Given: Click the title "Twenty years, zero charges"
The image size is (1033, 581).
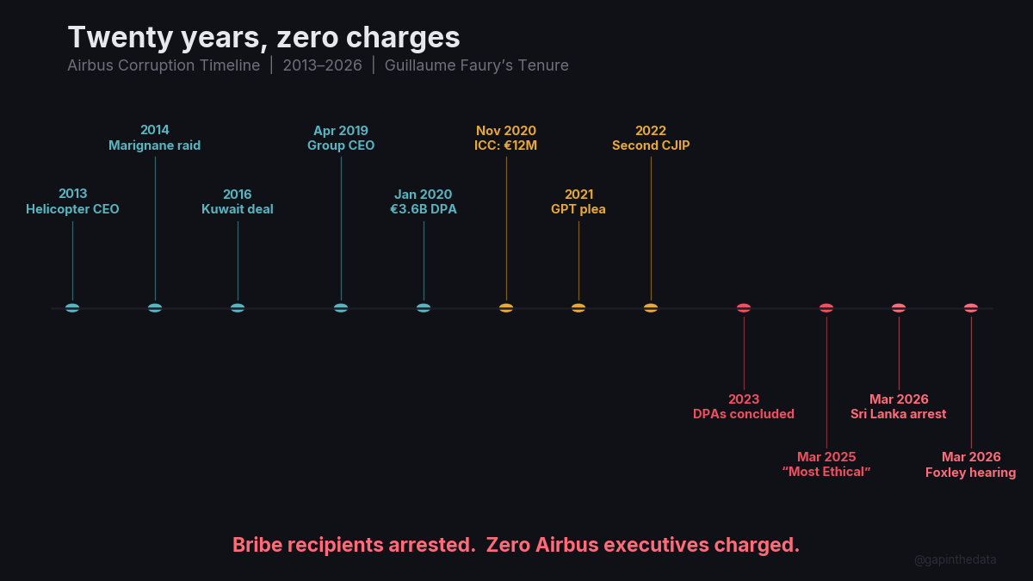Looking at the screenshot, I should tap(263, 37).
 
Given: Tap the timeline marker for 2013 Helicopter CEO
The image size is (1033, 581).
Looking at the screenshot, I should tap(72, 308).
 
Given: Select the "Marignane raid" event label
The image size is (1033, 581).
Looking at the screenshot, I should tap(155, 145).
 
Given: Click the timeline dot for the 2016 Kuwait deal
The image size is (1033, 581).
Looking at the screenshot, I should tap(238, 308).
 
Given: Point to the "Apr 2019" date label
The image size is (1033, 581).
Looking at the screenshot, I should tap(341, 131).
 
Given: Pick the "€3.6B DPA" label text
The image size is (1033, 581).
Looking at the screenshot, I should tap(424, 209).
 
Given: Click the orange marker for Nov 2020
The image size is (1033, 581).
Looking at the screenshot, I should tap(506, 308).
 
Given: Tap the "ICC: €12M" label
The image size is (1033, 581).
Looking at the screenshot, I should tap(506, 145).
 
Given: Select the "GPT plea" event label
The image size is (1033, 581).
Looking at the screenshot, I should tap(578, 209).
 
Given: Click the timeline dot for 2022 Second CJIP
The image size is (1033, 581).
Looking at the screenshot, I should tap(651, 308).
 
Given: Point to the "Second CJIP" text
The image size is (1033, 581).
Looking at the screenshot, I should tap(651, 145).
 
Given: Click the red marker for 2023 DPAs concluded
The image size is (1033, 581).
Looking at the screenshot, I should tap(744, 308).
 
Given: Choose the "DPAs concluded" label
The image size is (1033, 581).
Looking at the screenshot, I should tap(744, 414).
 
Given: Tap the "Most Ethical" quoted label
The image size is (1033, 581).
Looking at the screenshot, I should tap(826, 473).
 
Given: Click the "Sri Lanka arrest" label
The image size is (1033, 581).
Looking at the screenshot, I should tap(899, 414).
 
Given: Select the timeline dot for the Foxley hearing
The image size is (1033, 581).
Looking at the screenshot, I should tap(971, 308).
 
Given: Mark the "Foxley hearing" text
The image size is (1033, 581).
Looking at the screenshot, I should tap(971, 473).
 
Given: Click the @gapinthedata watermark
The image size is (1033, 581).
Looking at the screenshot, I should tap(956, 559).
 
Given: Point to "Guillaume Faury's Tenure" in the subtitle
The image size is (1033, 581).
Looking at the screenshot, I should tap(476, 65).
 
